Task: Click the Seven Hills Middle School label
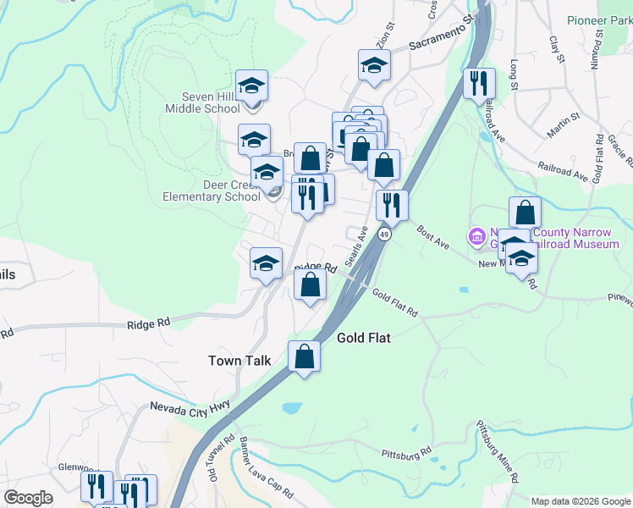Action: pyautogui.click(x=202, y=102)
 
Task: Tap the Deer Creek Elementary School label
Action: pyautogui.click(x=212, y=190)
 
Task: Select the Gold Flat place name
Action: pyautogui.click(x=366, y=337)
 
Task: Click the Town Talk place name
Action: pyautogui.click(x=239, y=361)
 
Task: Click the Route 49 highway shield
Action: pyautogui.click(x=384, y=234)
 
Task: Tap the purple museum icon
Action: pyautogui.click(x=476, y=235)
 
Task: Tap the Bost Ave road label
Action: pyautogui.click(x=432, y=235)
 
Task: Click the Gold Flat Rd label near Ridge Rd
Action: pyautogui.click(x=395, y=301)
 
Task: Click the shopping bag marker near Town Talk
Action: pyautogui.click(x=305, y=356)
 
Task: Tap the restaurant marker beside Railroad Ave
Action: pyautogui.click(x=479, y=84)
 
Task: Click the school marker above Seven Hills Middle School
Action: pyautogui.click(x=251, y=86)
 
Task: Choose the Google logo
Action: pyautogui.click(x=29, y=498)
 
